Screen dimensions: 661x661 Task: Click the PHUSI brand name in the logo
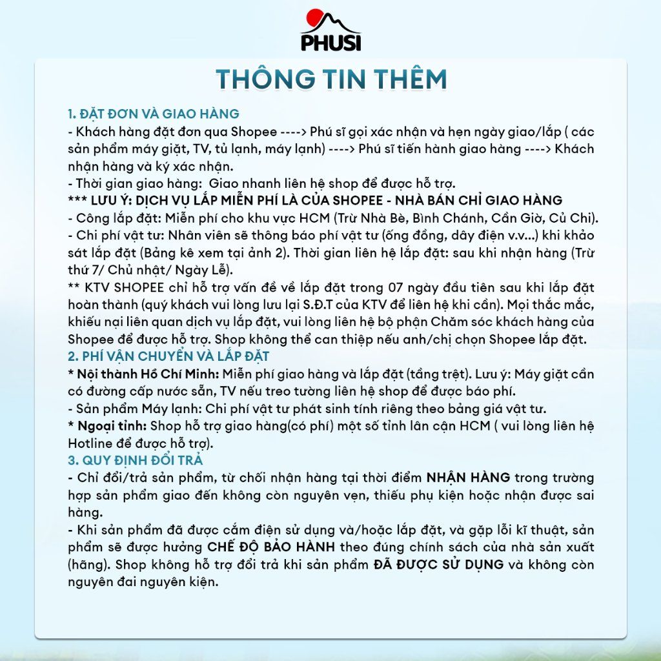click(x=331, y=42)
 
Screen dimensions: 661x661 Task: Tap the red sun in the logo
click(x=314, y=18)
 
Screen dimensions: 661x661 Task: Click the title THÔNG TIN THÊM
click(x=330, y=79)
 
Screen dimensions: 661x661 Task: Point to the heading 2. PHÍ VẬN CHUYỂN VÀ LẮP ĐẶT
click(x=168, y=356)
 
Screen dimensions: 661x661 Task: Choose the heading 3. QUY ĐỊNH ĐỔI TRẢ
click(x=136, y=460)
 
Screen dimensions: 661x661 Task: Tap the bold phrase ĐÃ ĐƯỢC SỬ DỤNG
click(x=439, y=564)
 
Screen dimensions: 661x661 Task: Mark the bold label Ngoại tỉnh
click(x=112, y=426)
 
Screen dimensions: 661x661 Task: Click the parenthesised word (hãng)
click(x=88, y=564)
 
